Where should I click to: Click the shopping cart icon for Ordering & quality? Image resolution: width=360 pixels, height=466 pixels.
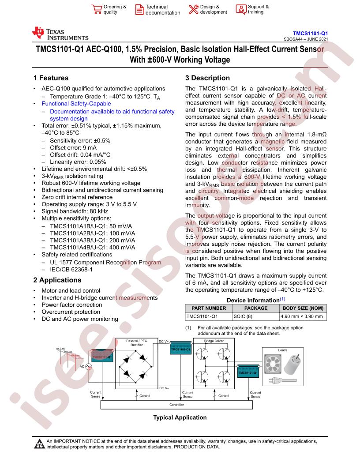point(96,9)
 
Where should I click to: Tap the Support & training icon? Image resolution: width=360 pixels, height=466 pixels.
point(240,9)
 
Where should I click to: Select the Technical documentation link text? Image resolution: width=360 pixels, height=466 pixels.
point(163,10)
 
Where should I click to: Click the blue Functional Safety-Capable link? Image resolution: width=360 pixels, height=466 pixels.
point(76,104)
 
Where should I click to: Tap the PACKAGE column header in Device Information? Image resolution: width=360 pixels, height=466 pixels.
point(255,308)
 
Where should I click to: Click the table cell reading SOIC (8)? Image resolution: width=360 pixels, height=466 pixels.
point(244,316)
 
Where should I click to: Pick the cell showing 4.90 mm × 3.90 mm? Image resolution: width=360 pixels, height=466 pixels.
point(302,316)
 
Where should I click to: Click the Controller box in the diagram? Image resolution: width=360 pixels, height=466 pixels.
point(176,405)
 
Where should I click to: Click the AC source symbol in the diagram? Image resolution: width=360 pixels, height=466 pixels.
point(88,366)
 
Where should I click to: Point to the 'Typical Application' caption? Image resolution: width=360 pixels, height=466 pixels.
point(180,417)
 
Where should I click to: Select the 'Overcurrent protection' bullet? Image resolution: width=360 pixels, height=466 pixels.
point(71,312)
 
